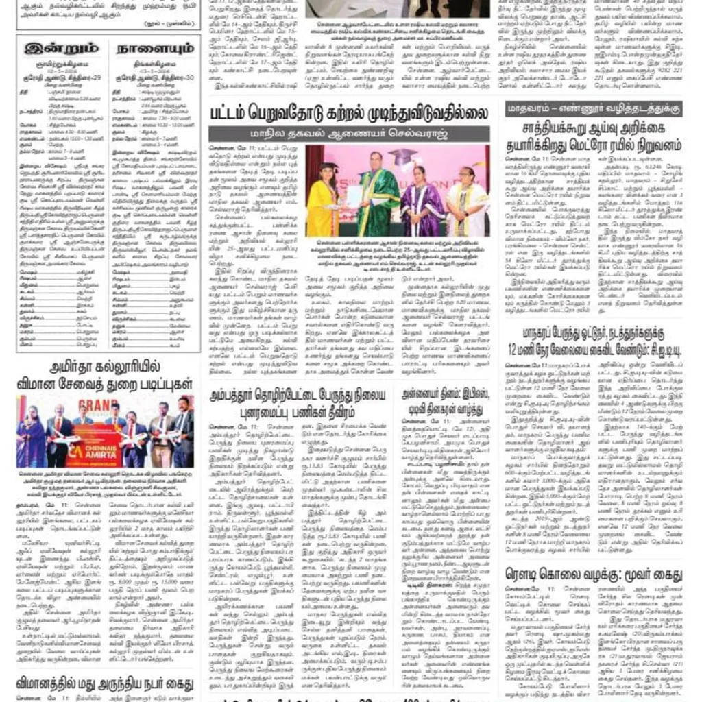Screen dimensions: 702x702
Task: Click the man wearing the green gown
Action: tap(375, 196)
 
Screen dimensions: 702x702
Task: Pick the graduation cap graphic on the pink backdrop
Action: tap(403, 157)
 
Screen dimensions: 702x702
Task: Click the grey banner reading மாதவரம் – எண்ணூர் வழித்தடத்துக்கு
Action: tap(594, 108)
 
